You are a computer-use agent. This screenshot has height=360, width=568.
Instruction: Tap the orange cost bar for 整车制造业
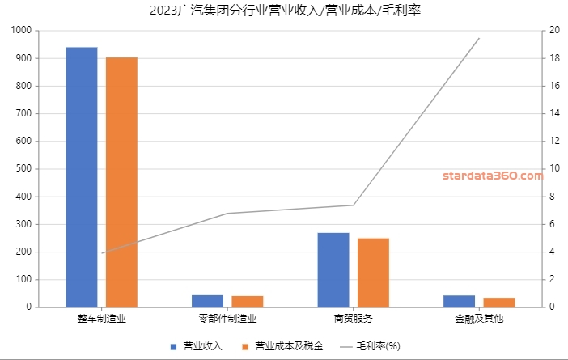[x=121, y=182]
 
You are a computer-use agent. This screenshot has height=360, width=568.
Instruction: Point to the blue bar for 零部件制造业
[x=208, y=301]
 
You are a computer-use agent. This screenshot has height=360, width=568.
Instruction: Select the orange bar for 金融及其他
[x=499, y=303]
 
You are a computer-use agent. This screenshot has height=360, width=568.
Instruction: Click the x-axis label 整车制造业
[x=102, y=319]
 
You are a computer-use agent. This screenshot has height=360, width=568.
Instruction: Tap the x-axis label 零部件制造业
[x=227, y=319]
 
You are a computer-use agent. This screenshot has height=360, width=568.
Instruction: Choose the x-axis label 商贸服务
[x=354, y=319]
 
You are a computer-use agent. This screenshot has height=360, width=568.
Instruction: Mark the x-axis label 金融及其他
[x=479, y=319]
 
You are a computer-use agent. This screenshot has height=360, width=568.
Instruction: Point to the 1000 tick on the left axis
[x=23, y=31]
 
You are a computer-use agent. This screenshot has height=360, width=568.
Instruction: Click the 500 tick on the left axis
[x=25, y=169]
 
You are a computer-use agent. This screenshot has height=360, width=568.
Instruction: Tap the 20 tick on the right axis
[x=554, y=31]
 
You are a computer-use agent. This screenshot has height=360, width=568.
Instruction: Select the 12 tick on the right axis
[x=554, y=141]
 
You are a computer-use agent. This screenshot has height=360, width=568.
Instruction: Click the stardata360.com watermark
[x=493, y=175]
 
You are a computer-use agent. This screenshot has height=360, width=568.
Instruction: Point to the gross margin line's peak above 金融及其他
[x=479, y=38]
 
